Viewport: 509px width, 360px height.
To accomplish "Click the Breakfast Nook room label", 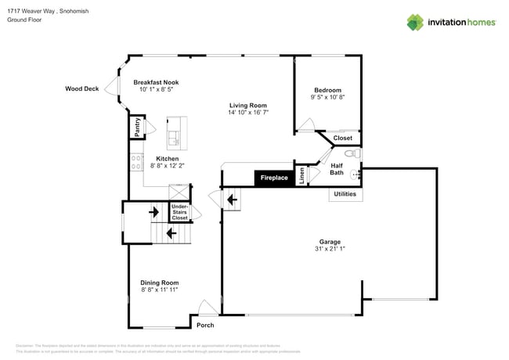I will click(x=156, y=82).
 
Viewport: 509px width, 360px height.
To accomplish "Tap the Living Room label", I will click(x=248, y=106).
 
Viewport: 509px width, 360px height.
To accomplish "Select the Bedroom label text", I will click(x=326, y=91).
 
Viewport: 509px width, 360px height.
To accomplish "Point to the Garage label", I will click(x=330, y=242).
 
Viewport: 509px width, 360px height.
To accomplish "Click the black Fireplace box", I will click(x=273, y=178).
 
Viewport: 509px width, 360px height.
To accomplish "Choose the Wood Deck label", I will click(x=81, y=89).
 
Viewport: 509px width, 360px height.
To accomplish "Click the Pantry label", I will click(x=137, y=127).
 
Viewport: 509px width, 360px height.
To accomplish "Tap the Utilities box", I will click(x=345, y=193).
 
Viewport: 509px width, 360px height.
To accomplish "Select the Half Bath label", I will click(x=337, y=169).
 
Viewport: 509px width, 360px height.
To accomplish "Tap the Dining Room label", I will click(x=160, y=283).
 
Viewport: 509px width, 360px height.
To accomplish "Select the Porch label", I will click(x=205, y=325).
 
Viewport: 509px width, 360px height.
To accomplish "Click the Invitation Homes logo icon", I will click(x=416, y=22).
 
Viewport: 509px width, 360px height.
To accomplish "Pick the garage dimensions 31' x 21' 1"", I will click(x=330, y=249).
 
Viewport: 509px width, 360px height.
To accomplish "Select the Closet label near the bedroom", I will click(x=343, y=139).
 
